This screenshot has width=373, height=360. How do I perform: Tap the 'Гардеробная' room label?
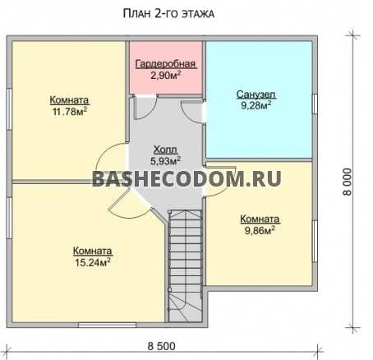[x=165, y=64]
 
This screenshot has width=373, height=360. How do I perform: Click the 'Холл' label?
[x=163, y=149]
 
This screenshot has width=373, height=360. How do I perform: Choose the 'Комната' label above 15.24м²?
[x=91, y=251]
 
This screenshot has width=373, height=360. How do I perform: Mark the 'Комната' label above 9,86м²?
[x=260, y=219]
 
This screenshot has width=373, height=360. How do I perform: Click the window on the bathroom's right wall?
[x=315, y=104]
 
